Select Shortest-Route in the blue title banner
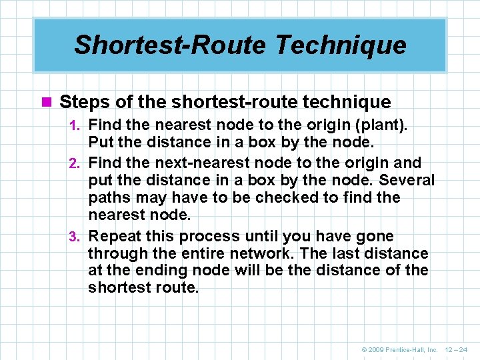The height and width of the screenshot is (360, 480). (x=169, y=45)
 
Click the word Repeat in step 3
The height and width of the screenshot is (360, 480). (x=114, y=236)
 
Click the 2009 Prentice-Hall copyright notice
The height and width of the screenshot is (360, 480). (x=399, y=349)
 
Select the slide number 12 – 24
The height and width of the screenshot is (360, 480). (x=457, y=349)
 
